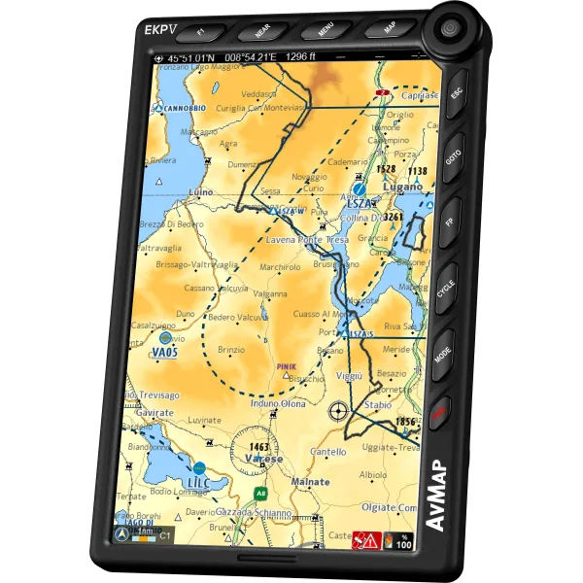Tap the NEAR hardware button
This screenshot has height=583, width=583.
(x=261, y=31)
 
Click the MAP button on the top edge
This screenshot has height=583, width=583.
(x=388, y=28)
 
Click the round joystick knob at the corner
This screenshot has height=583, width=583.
(x=450, y=29)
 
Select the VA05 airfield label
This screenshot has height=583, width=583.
(x=165, y=352)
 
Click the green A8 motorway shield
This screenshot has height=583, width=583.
(x=260, y=494)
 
